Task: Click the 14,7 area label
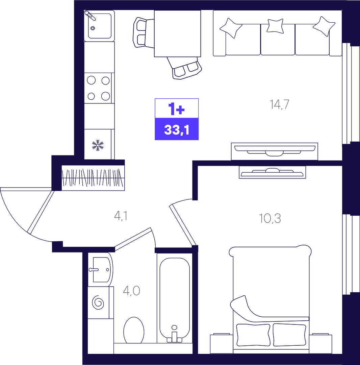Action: pos(279,104)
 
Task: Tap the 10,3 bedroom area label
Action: pos(270,218)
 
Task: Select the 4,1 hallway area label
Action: pos(121,216)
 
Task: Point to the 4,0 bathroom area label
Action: pos(131,291)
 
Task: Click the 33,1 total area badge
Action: pos(177,129)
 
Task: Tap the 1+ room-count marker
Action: pos(177,108)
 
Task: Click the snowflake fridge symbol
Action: pos(98,145)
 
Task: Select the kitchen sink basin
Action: pos(100,26)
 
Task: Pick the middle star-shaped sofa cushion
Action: pos(275,26)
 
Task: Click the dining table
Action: pos(177,33)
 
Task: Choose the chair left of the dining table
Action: pos(144,32)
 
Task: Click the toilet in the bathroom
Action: pos(134,330)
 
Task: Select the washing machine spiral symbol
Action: pos(98,302)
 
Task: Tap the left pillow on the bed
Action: pos(253,335)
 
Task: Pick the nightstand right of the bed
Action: pos(320,344)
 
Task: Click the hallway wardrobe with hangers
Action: pos(93,178)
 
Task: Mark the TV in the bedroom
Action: pos(272,172)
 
